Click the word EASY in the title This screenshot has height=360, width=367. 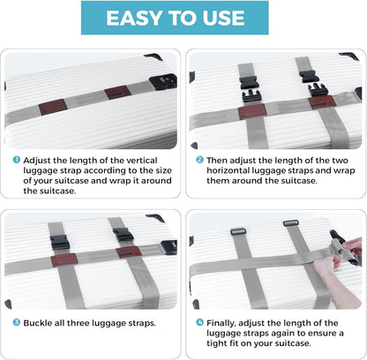(134, 19)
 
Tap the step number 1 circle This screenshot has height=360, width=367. (17, 161)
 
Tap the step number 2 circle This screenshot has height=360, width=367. (199, 160)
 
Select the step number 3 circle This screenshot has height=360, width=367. (17, 322)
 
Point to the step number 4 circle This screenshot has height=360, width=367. (199, 323)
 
